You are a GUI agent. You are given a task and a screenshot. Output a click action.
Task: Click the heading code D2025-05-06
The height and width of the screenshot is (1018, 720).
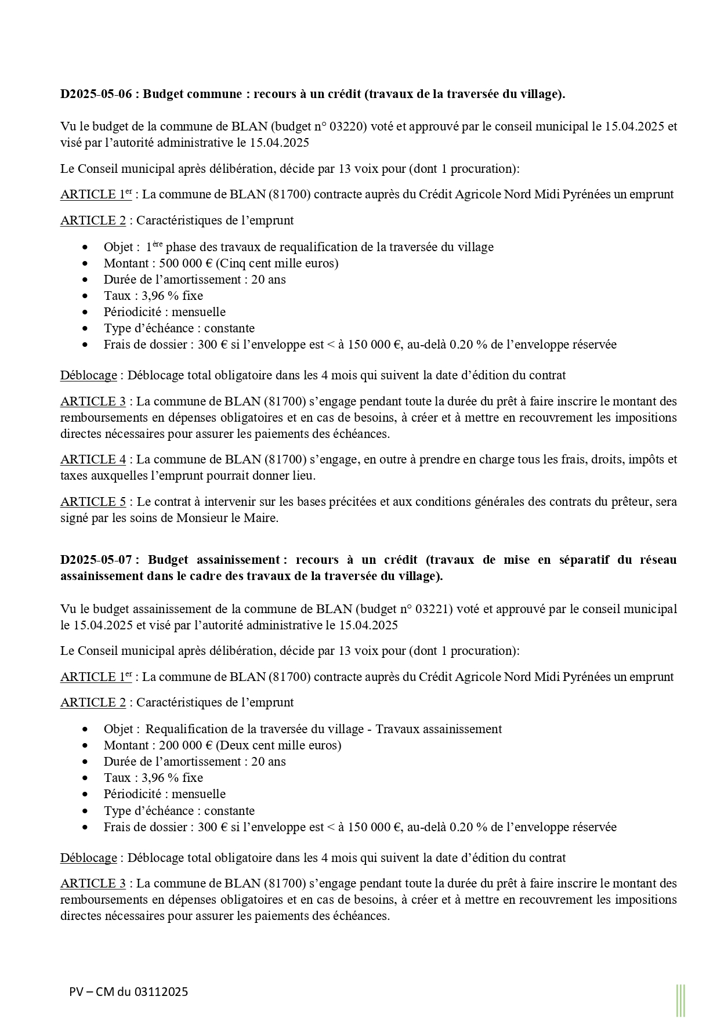coord(96,94)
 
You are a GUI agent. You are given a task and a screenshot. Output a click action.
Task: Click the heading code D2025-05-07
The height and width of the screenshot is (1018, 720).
coord(96,560)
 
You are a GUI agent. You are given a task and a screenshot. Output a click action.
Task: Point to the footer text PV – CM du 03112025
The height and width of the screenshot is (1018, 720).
coord(128,992)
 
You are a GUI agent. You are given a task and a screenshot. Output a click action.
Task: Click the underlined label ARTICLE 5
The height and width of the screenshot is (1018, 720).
coord(93,502)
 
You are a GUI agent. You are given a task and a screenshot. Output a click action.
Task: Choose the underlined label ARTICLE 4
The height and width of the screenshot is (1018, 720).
coord(93,460)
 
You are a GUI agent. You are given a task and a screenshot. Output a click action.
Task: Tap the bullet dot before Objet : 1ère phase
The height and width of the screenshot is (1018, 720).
coord(86,247)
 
